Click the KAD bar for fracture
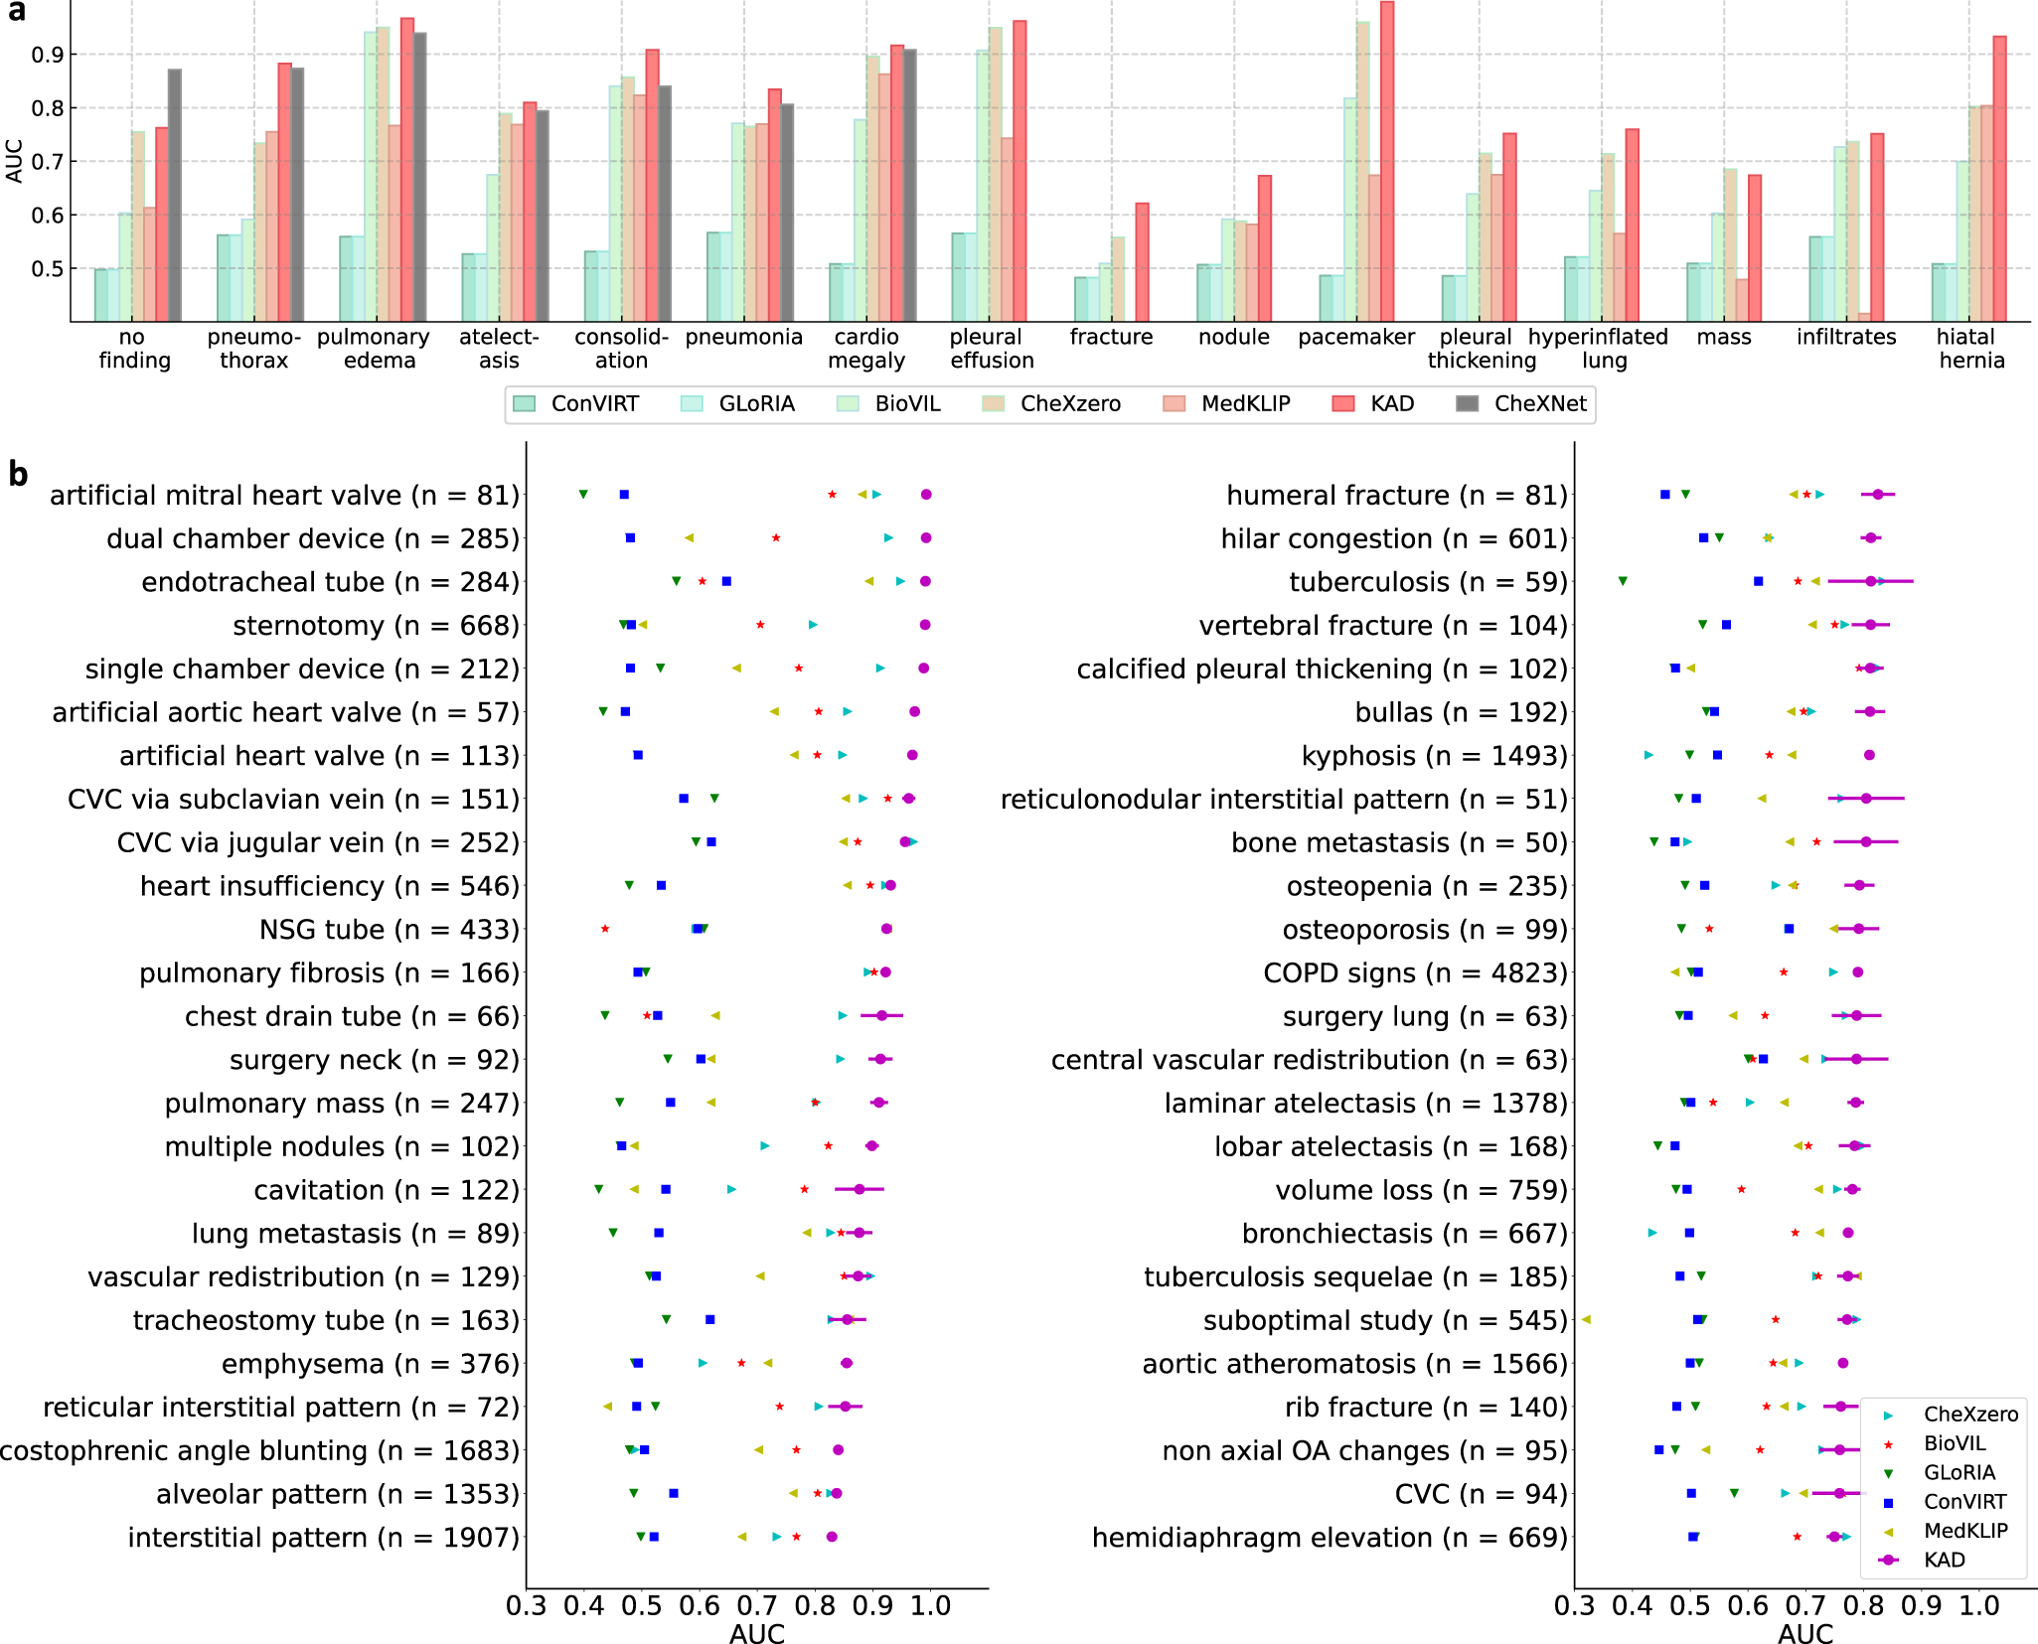[x=1142, y=262]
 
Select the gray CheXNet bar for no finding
[x=175, y=195]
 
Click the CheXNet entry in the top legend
[x=1539, y=403]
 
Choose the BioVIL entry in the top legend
[x=906, y=403]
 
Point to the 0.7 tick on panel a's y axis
[x=47, y=161]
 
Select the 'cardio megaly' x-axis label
[x=866, y=349]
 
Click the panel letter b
[x=18, y=475]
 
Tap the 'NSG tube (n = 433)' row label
[x=389, y=930]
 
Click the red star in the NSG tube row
[x=605, y=929]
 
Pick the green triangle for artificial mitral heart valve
[x=583, y=494]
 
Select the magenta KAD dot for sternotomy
[x=925, y=625]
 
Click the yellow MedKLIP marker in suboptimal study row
[x=1586, y=1319]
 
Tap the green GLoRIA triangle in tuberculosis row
[x=1623, y=581]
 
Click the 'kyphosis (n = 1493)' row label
[x=1434, y=756]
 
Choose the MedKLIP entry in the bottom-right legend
[x=1964, y=1531]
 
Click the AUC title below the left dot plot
[x=757, y=1633]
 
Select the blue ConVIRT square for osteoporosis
[x=1789, y=929]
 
